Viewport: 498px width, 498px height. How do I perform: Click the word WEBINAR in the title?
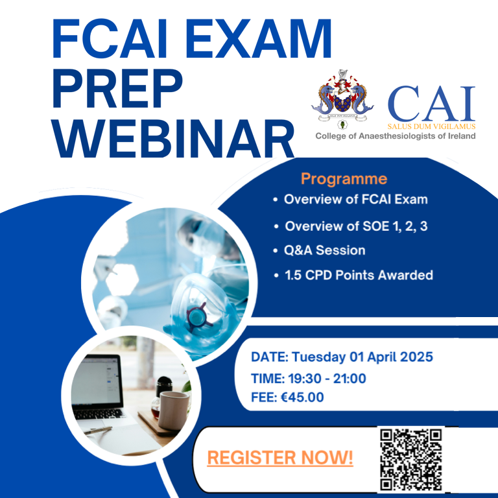[173, 138]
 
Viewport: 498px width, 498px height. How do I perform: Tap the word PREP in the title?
[117, 89]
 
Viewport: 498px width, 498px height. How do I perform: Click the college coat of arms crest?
[342, 99]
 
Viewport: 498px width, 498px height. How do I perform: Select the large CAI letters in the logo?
[431, 104]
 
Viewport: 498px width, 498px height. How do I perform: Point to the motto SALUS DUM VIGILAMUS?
[431, 126]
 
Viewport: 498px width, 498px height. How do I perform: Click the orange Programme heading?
[344, 179]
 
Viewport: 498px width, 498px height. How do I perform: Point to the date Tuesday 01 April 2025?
[362, 357]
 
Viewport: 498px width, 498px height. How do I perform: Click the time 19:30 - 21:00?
[327, 379]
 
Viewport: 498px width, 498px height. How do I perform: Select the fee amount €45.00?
[302, 397]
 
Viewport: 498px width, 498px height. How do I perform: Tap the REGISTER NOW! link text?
[280, 458]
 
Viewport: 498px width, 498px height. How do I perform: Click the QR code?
[411, 460]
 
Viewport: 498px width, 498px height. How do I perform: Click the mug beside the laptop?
[173, 410]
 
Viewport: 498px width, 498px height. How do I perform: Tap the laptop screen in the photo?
[97, 382]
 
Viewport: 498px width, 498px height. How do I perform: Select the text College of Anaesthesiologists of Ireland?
[396, 136]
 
